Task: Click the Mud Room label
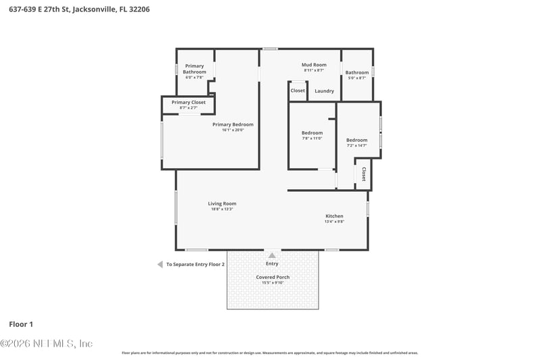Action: [315, 65]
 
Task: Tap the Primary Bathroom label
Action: [194, 69]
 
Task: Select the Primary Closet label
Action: [188, 103]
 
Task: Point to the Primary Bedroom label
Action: [233, 124]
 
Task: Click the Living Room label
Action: [222, 203]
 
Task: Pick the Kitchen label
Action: [334, 216]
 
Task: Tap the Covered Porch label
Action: [273, 277]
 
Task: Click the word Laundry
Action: [324, 91]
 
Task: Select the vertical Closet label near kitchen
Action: [364, 174]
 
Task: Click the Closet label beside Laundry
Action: [298, 91]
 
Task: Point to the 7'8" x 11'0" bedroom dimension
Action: [312, 138]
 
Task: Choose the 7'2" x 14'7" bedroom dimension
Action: [357, 145]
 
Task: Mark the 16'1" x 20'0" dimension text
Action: [233, 130]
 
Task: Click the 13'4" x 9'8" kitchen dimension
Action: [334, 222]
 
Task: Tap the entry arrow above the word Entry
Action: [272, 255]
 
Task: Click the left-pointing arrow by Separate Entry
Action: [160, 264]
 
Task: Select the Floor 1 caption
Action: [21, 324]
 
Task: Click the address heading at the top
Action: [79, 9]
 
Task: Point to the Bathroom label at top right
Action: [357, 72]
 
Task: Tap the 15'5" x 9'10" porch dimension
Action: [273, 282]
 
